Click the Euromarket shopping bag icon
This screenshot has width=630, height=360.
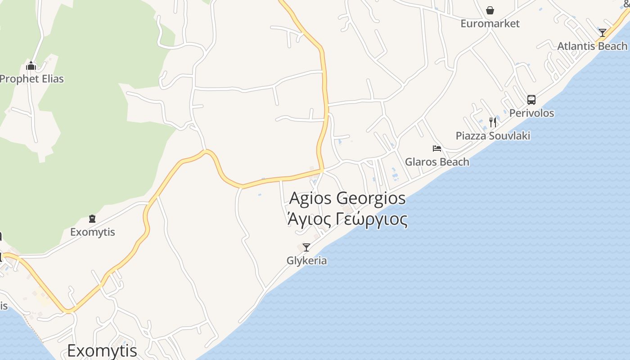490,10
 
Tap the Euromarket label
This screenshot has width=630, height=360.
490,23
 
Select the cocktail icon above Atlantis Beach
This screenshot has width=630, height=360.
602,33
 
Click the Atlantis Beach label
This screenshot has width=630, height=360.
592,46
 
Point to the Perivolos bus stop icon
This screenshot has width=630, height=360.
531,99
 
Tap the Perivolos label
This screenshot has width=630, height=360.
531,113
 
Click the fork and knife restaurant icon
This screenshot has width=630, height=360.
493,122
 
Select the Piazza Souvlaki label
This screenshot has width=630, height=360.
493,135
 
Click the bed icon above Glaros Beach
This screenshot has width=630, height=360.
436,148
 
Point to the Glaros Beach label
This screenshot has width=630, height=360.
437,162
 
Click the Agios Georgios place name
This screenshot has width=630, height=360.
347,198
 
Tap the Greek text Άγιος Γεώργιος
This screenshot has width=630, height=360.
347,220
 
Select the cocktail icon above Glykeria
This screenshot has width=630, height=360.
306,247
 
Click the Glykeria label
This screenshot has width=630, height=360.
306,261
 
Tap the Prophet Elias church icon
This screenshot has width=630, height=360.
31,66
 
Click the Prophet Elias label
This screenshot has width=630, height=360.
31,79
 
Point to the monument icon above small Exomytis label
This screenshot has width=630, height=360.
92,219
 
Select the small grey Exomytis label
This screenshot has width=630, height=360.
92,232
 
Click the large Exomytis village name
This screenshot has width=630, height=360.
102,350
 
